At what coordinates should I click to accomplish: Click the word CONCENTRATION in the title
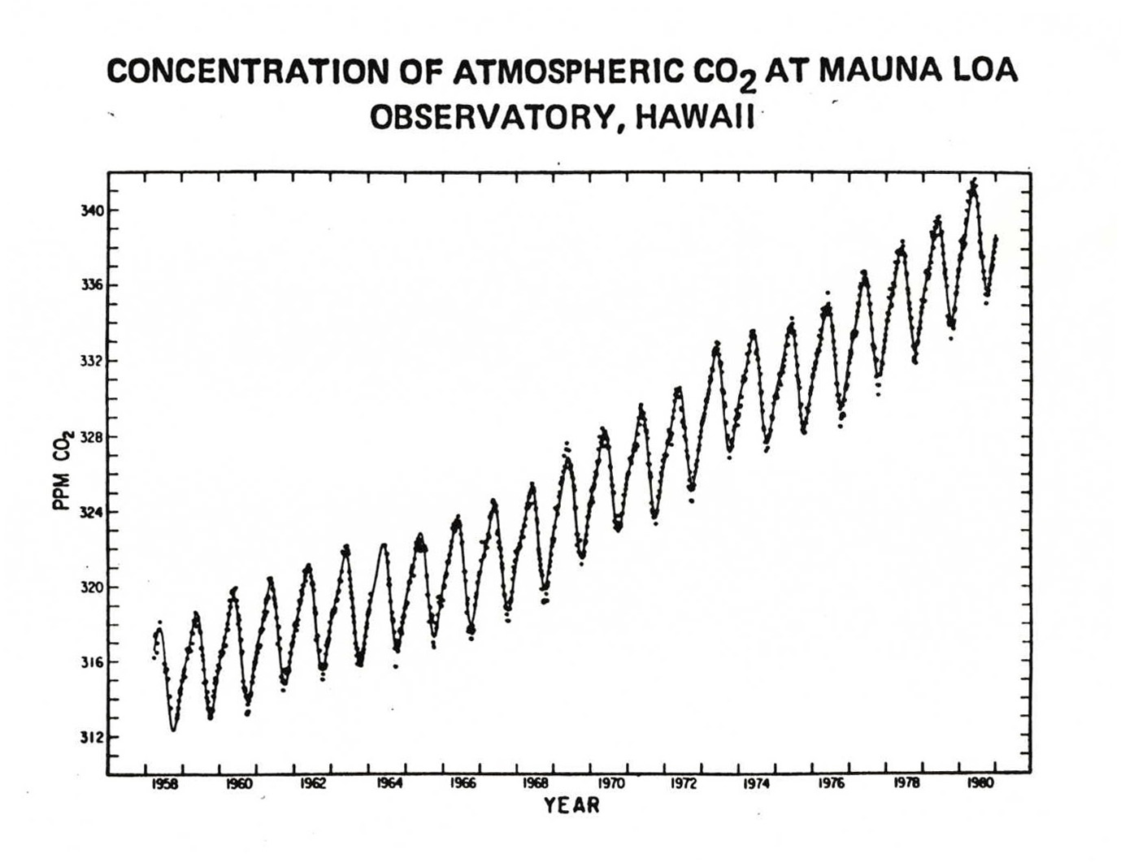[247, 72]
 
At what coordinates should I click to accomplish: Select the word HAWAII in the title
[695, 118]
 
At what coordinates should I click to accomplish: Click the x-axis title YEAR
[571, 806]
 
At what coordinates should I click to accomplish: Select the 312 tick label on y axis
[91, 738]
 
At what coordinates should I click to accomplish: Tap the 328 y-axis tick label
[91, 437]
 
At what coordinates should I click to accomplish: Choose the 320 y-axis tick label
[91, 587]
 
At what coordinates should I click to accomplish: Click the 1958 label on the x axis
[165, 784]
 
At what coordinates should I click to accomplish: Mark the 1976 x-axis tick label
[832, 784]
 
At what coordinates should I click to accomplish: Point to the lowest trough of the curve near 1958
[173, 730]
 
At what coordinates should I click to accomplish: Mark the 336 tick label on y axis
[91, 286]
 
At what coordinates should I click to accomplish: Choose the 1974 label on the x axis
[758, 784]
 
